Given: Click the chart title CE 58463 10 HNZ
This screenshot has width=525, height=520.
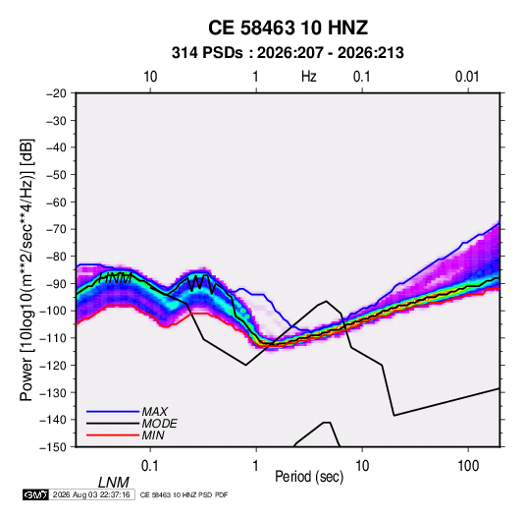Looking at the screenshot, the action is (288, 28).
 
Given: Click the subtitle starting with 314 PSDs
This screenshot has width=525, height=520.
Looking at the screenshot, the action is (288, 53).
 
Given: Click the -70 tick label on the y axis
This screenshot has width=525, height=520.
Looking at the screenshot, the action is (56, 229).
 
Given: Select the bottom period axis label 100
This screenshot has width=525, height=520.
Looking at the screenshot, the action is (468, 466).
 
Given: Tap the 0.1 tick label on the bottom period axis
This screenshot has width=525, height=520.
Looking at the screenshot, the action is (150, 466).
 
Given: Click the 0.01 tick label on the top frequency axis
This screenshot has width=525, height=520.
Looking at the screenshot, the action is (467, 77).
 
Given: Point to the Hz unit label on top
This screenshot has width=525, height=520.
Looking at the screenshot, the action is (309, 77).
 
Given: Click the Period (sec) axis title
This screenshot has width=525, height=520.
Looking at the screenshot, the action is (309, 477).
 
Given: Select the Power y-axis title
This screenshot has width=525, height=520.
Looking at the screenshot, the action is (26, 269).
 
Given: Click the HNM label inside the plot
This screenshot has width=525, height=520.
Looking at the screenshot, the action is (116, 278).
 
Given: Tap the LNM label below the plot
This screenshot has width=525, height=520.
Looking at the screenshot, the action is (114, 483).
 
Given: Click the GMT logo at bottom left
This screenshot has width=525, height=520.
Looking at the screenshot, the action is (35, 494).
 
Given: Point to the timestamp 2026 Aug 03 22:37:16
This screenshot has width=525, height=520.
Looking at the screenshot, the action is (91, 494).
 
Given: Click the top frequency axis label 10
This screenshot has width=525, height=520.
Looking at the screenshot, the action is (150, 77).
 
